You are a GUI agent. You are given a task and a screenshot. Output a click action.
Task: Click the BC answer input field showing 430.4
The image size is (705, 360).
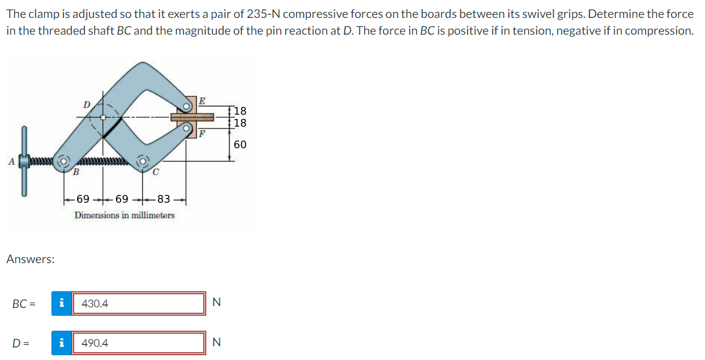point(139,303)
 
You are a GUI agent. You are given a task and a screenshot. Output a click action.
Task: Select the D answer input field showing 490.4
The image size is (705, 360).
point(139,343)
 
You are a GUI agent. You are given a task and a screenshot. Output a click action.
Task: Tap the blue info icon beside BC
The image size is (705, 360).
point(62,303)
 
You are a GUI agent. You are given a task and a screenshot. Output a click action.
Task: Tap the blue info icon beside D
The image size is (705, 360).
point(62,343)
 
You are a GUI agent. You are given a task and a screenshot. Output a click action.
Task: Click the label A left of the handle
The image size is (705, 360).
point(12,161)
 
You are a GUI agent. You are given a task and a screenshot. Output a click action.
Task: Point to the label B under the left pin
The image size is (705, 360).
point(77,172)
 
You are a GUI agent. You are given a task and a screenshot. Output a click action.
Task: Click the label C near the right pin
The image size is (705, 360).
point(155,172)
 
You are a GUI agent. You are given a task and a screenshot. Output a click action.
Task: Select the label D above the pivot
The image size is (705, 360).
point(87,105)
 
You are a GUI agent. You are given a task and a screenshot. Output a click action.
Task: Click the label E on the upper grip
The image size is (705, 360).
point(202,100)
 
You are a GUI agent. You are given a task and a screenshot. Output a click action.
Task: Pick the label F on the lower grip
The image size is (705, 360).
point(202,133)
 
